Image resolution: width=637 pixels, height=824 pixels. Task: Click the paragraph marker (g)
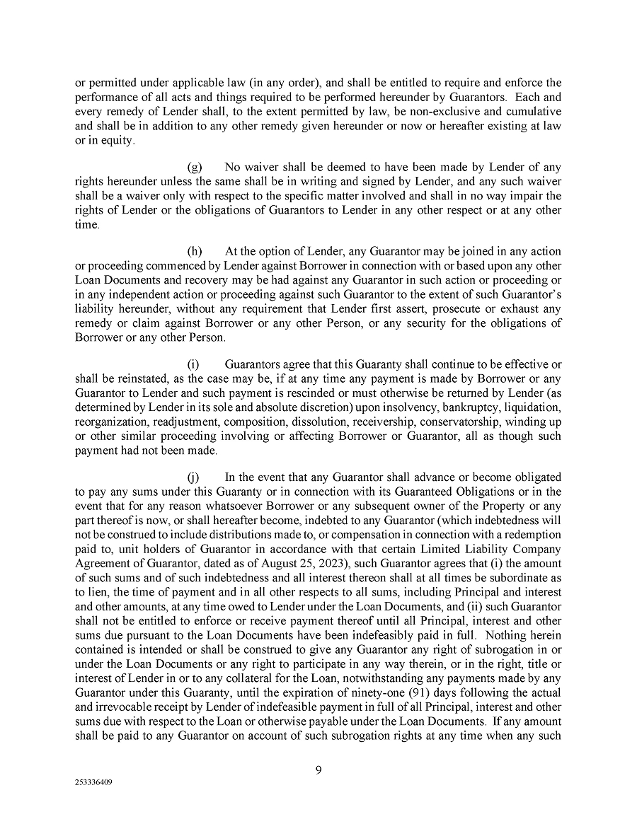195,168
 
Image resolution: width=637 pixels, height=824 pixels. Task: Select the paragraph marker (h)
195,251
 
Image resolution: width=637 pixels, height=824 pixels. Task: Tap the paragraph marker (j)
193,477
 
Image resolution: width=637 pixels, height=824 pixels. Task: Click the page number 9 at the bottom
318,770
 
